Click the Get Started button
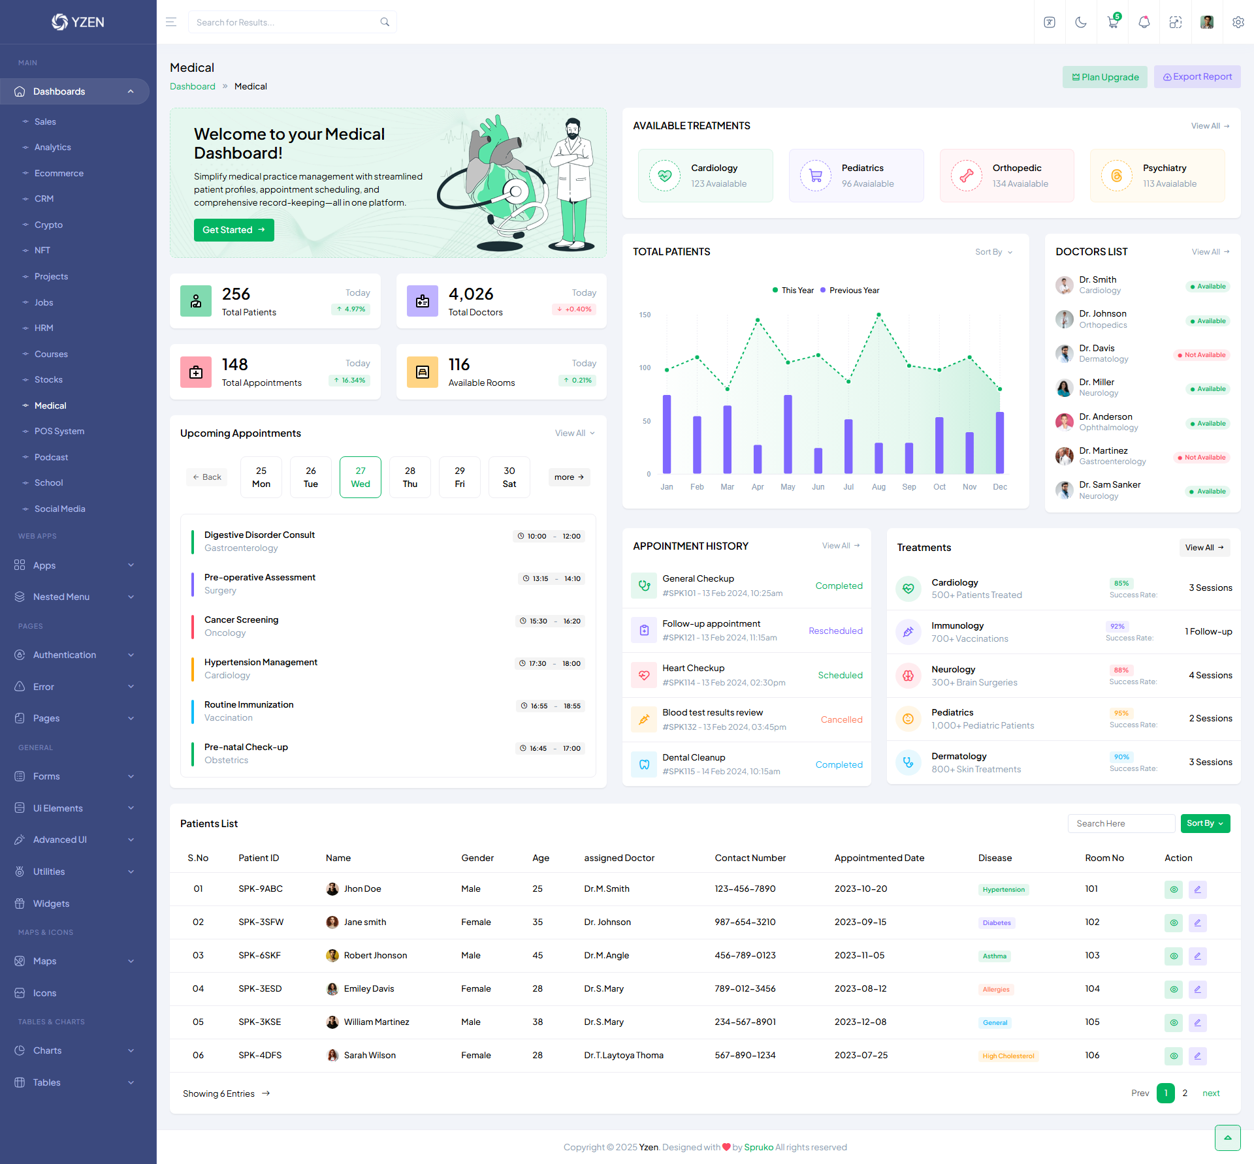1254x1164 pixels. (x=233, y=230)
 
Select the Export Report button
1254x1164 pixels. (x=1197, y=77)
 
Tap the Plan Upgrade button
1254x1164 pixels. (x=1104, y=77)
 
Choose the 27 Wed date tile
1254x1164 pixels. (x=360, y=477)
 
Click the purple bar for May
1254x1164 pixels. (x=788, y=434)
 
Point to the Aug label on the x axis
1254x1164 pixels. (x=878, y=487)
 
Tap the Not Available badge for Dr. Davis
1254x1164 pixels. (x=1201, y=355)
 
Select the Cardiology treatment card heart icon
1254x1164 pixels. (x=665, y=176)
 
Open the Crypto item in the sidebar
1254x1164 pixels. (x=48, y=225)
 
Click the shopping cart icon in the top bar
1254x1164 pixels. (x=1112, y=22)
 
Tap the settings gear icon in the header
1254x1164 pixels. (x=1238, y=22)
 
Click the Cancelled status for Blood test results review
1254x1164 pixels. (x=841, y=719)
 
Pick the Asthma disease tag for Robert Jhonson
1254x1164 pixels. (x=994, y=956)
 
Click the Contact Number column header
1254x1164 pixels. (x=750, y=858)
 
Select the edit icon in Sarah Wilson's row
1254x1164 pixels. (x=1197, y=1056)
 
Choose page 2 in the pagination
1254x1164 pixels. (x=1185, y=1093)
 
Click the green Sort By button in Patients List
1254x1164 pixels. (x=1204, y=823)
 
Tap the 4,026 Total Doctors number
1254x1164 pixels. (x=470, y=294)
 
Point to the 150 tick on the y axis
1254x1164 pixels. (x=645, y=315)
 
